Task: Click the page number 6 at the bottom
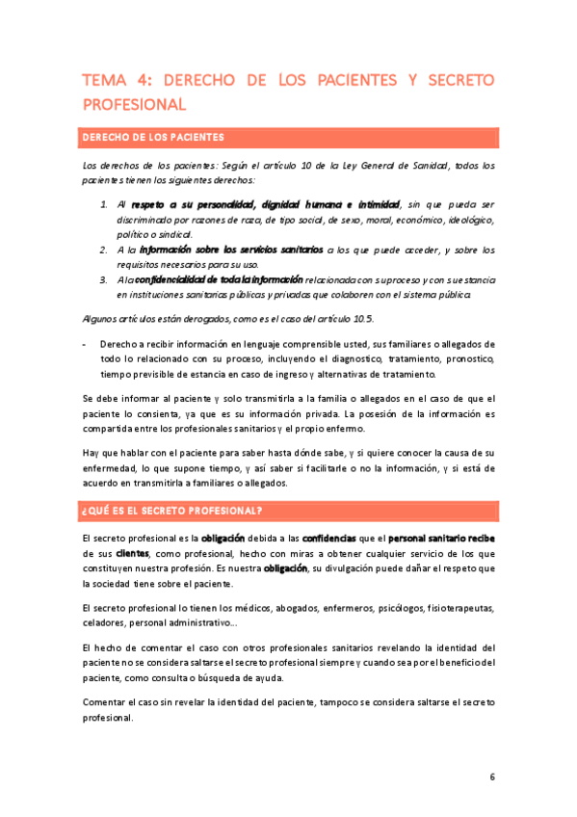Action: (x=492, y=777)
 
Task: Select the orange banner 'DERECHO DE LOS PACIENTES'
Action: (x=154, y=137)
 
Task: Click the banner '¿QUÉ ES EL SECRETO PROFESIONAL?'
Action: (x=173, y=510)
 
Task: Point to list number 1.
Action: (x=105, y=204)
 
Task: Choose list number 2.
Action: (x=105, y=250)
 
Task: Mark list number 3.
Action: (x=105, y=279)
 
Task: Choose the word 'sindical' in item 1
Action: (x=173, y=234)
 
